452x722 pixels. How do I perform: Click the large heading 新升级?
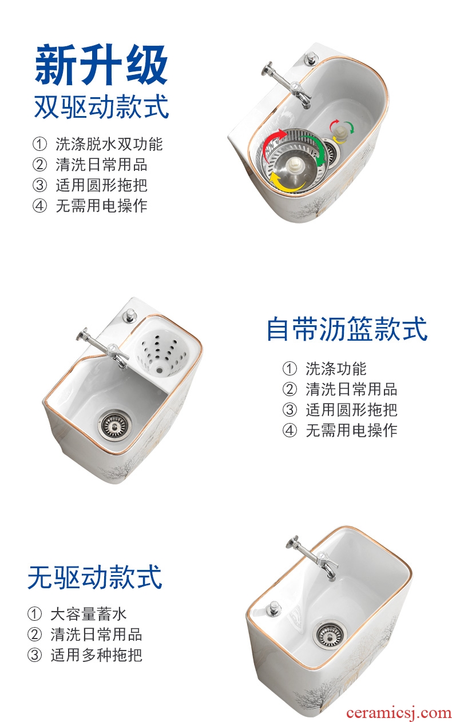tap(101, 65)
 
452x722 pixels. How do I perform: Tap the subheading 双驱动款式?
tap(101, 106)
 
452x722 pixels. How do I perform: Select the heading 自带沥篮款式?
tap(347, 329)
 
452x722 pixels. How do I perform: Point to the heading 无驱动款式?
tap(94, 577)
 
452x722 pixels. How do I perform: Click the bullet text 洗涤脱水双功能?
tap(109, 144)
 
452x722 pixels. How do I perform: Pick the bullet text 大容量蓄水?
tap(88, 614)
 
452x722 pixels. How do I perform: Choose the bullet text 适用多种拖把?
tap(96, 655)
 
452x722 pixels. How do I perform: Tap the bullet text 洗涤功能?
tap(336, 369)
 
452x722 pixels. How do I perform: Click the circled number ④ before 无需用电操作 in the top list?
tap(39, 206)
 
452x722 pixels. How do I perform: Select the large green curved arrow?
tap(314, 150)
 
